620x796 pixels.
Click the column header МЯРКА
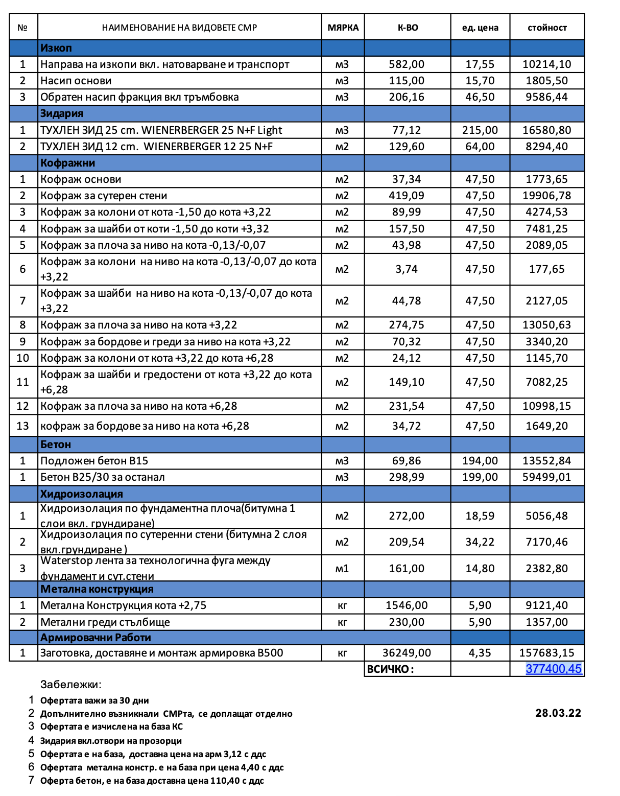click(x=343, y=28)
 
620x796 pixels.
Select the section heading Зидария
click(x=62, y=113)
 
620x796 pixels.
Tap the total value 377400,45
click(x=554, y=669)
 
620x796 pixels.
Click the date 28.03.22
click(x=558, y=713)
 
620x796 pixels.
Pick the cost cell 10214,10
click(x=546, y=64)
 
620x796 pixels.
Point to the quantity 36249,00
click(x=407, y=653)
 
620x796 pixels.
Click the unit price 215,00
click(x=480, y=130)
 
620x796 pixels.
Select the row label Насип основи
click(x=76, y=81)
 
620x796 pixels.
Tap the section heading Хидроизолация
click(x=82, y=494)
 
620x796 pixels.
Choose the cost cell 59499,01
click(x=546, y=477)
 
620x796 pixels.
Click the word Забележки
click(x=70, y=685)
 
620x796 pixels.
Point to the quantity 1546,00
click(x=407, y=605)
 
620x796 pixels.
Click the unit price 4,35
click(x=480, y=653)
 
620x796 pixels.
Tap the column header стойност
click(x=547, y=28)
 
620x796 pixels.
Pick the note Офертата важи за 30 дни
click(x=94, y=700)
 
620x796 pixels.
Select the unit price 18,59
click(x=480, y=516)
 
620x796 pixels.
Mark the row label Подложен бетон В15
click(x=94, y=461)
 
